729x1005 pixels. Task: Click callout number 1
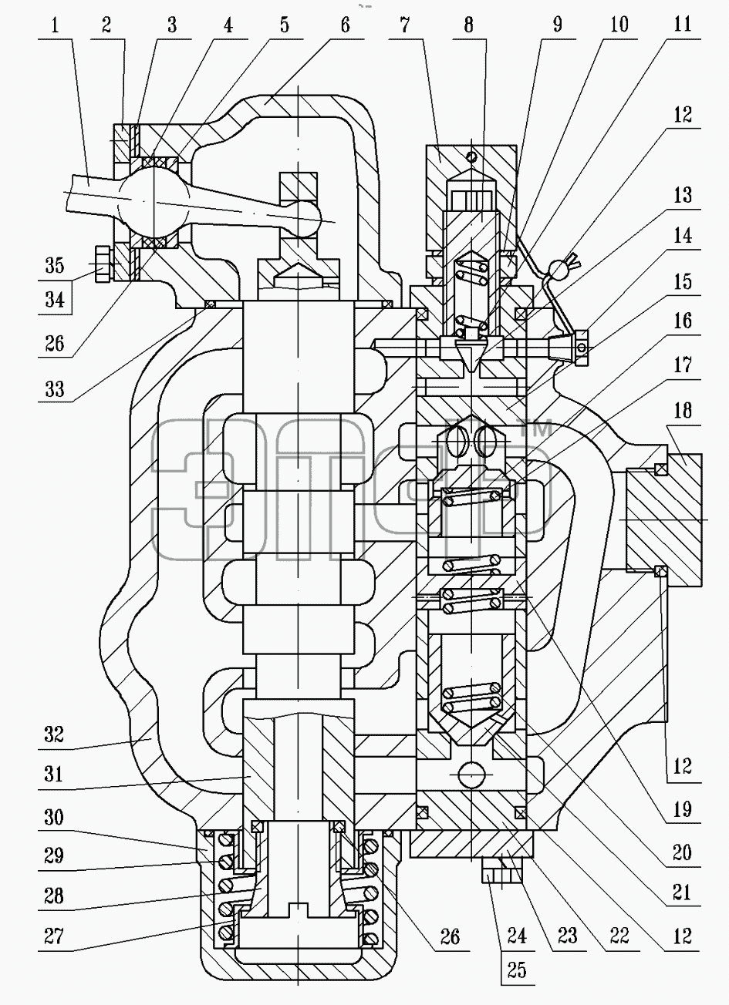click(55, 25)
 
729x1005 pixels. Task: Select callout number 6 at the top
click(345, 25)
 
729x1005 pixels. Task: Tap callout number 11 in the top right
click(683, 24)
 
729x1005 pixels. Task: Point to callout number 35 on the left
click(55, 266)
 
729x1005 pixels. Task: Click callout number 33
click(55, 389)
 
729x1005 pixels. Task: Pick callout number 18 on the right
click(683, 411)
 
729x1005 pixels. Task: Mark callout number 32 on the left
click(54, 735)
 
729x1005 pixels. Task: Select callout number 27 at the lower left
click(54, 936)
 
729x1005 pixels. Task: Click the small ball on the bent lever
click(558, 269)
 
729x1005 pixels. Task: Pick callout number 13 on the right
click(683, 196)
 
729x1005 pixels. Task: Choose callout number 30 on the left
click(54, 818)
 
